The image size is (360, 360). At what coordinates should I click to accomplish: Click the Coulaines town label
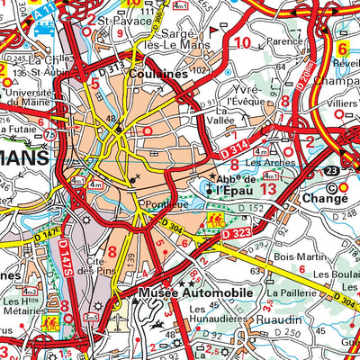click(x=157, y=76)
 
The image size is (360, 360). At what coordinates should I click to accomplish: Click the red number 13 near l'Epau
click(x=268, y=190)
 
